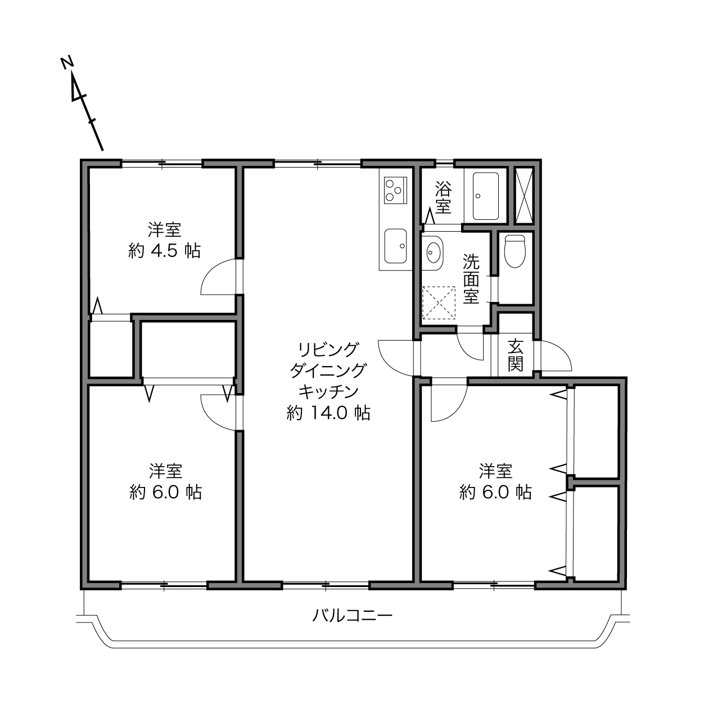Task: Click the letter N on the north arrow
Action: click(67, 62)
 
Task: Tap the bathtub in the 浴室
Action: click(485, 196)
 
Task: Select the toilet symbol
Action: click(515, 251)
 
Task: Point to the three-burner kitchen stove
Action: click(395, 190)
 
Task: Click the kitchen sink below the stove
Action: click(396, 246)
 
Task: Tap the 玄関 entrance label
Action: click(515, 355)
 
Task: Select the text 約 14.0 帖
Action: click(328, 413)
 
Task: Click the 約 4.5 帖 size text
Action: click(164, 251)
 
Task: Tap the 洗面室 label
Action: click(471, 278)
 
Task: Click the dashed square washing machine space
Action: click(439, 303)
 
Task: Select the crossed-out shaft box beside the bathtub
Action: click(524, 196)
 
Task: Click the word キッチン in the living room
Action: click(328, 391)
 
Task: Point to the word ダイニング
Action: click(328, 371)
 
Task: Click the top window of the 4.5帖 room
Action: click(162, 163)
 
